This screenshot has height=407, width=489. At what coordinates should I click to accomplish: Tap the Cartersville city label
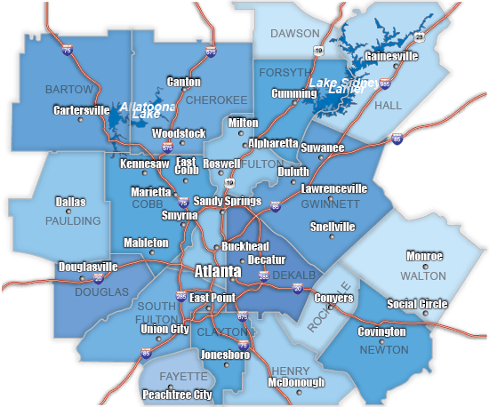[x=79, y=110]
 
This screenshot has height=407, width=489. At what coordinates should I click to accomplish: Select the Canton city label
[x=184, y=82]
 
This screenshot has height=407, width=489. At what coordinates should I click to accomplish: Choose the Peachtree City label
[x=176, y=394]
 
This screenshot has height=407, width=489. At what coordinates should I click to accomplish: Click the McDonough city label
[x=301, y=384]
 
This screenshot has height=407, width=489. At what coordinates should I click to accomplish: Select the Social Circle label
[x=417, y=304]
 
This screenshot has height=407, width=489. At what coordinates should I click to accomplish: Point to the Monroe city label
[x=424, y=256]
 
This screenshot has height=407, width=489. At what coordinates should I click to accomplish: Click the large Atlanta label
[x=217, y=270]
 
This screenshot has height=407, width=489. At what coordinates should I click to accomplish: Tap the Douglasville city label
[x=88, y=267]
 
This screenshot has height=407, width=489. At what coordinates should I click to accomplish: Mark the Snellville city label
[x=333, y=227]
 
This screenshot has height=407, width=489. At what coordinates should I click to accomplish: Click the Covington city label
[x=381, y=331]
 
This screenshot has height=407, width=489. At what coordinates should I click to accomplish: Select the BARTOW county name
[x=68, y=90]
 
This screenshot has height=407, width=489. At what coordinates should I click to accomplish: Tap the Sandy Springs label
[x=228, y=201]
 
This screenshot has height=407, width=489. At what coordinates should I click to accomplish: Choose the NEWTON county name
[x=385, y=350]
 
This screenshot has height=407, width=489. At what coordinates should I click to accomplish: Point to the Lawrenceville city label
[x=334, y=189]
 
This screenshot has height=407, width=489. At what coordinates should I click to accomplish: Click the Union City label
[x=165, y=330]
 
